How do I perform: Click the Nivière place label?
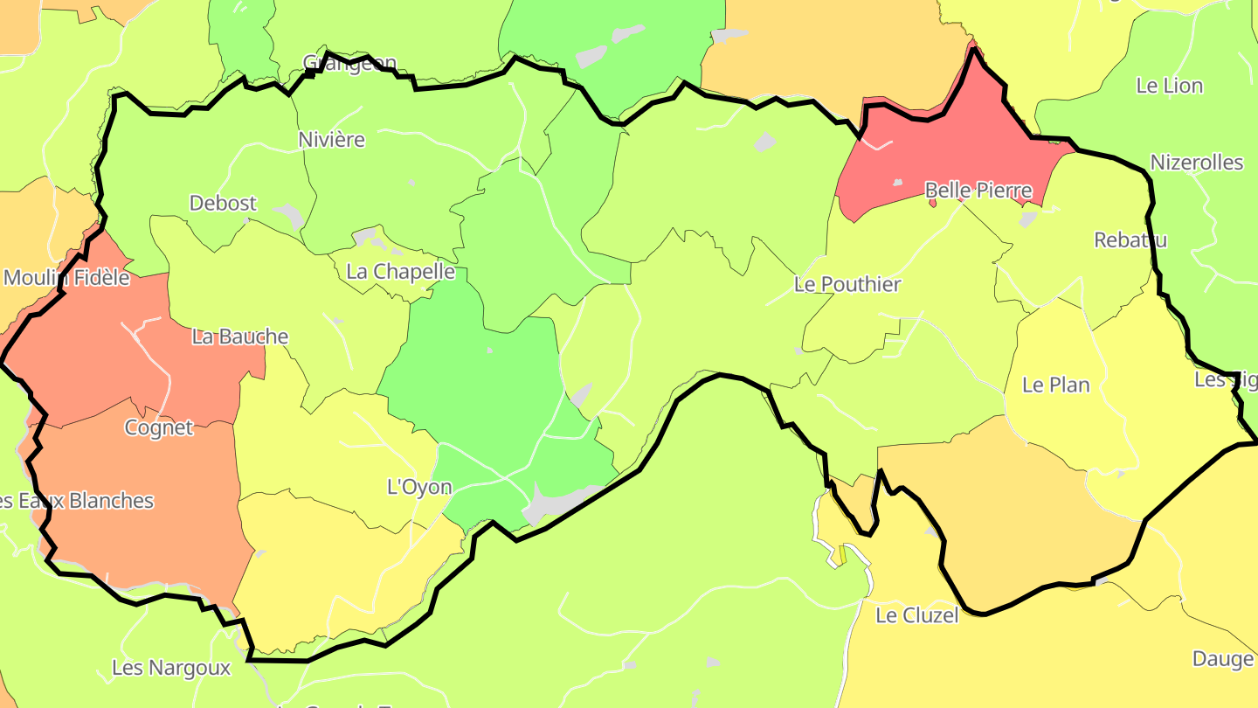331,140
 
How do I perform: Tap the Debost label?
223,204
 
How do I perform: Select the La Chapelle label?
400,272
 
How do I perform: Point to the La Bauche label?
239,337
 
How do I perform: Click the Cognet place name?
158,428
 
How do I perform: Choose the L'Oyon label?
419,487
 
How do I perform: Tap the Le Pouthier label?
847,285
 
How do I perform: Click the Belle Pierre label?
978,191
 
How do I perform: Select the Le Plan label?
1055,385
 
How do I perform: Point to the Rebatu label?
1130,240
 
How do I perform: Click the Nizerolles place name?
1196,163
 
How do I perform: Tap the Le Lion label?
1169,86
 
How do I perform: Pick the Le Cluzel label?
916,615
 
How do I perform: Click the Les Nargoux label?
170,669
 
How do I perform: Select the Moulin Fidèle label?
66,279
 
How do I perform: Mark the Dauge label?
1222,659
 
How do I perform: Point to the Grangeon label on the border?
349,63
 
